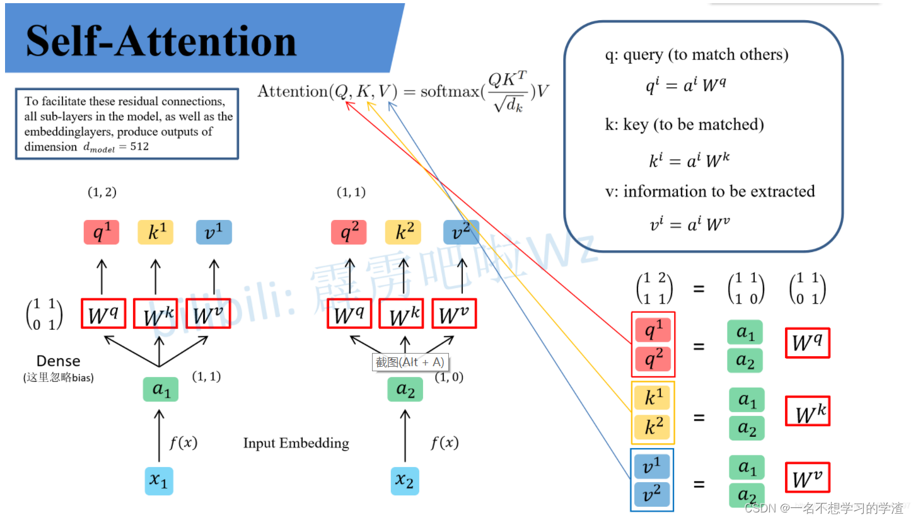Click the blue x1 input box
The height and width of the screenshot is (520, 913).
158,481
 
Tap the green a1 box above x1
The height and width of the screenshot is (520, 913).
161,390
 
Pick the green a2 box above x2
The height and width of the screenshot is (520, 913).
405,390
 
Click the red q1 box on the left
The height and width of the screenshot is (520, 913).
102,233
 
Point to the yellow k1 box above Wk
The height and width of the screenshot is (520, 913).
155,233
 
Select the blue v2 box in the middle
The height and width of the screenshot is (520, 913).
461,232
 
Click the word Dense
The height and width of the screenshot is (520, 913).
58,361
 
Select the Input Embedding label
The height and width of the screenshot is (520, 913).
296,443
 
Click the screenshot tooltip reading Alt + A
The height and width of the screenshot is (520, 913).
410,362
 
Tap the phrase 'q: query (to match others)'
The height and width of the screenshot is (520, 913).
696,55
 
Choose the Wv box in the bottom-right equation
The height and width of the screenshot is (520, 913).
807,478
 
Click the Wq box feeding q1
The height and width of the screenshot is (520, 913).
103,314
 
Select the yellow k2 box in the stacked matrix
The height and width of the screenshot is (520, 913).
653,427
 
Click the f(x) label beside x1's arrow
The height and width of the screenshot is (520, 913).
183,443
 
